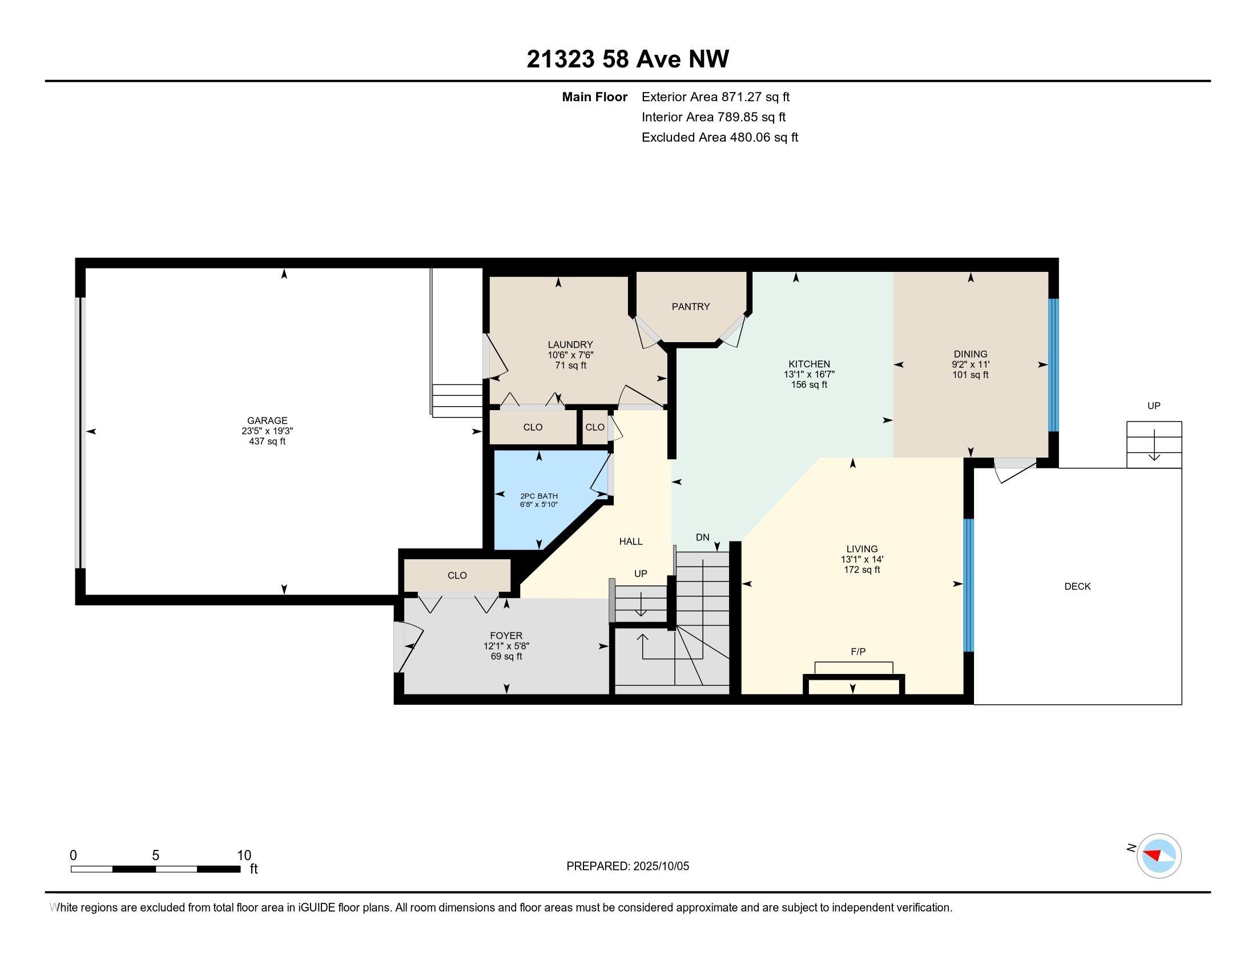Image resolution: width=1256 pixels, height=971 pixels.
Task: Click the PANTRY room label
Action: coord(691,307)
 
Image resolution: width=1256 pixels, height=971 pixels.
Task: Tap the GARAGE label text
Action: coord(267,420)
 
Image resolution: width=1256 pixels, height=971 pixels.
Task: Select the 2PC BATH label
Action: coord(539,496)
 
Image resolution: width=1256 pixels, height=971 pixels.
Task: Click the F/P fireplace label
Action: coord(858,651)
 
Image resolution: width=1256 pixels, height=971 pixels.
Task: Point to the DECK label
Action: coord(1077,586)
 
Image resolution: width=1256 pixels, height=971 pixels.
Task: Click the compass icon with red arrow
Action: coord(1159,856)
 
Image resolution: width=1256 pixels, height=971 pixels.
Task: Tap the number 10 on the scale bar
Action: coord(244,855)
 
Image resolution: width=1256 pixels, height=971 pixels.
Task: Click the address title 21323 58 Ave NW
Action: coord(627,59)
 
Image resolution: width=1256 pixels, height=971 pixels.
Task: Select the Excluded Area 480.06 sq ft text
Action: coord(719,137)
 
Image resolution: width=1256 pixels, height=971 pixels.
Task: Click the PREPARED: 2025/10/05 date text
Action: coord(627,866)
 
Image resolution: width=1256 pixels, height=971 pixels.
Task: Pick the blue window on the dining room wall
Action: coord(1053,365)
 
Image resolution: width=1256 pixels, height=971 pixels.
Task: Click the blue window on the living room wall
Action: coord(968,585)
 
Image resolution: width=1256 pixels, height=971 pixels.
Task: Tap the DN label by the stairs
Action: coord(702,537)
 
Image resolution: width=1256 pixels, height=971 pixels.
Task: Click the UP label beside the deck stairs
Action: coord(1154,406)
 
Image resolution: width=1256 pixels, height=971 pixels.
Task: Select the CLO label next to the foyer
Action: coord(457,575)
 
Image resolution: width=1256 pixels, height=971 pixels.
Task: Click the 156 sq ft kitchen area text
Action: coord(808,384)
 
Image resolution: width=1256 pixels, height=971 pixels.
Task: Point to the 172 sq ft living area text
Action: coord(862,569)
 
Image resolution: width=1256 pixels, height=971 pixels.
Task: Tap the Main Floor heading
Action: coord(594,97)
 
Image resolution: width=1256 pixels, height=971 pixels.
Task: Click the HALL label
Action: coord(630,541)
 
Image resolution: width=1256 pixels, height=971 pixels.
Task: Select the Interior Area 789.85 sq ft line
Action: coord(713,117)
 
